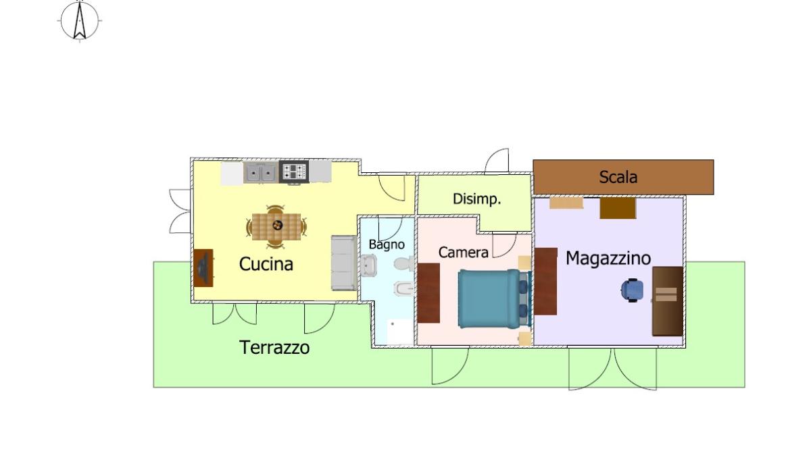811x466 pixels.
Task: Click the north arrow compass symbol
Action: (79, 21)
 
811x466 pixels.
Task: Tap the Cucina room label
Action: (266, 264)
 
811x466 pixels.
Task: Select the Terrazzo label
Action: (274, 348)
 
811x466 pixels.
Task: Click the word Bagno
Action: (387, 245)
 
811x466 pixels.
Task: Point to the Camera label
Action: (464, 253)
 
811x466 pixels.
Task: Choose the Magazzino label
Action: (608, 258)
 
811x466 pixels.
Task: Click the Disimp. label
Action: (477, 199)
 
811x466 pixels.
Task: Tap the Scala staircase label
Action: (618, 177)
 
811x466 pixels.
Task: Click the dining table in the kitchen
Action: (276, 227)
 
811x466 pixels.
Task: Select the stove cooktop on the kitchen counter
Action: (294, 172)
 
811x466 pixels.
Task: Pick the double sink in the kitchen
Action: (261, 173)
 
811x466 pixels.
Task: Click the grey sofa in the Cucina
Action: (344, 263)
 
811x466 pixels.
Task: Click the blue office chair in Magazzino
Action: (632, 290)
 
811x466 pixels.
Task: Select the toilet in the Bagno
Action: (404, 263)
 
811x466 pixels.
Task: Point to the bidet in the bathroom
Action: (404, 289)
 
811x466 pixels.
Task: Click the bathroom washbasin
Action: (368, 265)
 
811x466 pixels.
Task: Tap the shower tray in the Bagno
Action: (400, 332)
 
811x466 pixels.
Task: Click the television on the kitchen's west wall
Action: (203, 268)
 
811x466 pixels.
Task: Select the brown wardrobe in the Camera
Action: (428, 293)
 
